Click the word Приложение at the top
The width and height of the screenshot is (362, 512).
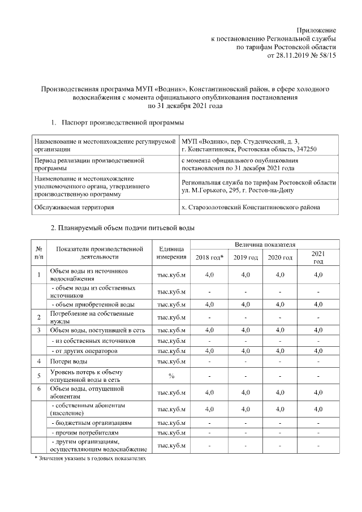tap(317, 29)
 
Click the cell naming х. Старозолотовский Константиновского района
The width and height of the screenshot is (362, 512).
tap(250, 208)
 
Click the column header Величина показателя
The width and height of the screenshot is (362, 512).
tap(265, 244)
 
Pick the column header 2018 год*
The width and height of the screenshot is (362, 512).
tap(209, 257)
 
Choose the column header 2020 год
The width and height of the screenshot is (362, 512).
tap(280, 257)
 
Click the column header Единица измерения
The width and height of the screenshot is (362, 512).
tap(171, 252)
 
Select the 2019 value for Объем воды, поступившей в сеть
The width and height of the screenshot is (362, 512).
tap(245, 330)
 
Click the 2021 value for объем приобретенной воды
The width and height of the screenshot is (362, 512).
tap(318, 304)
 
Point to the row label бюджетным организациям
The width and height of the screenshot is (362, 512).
tap(92, 423)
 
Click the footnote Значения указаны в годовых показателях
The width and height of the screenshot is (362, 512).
tap(90, 458)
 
